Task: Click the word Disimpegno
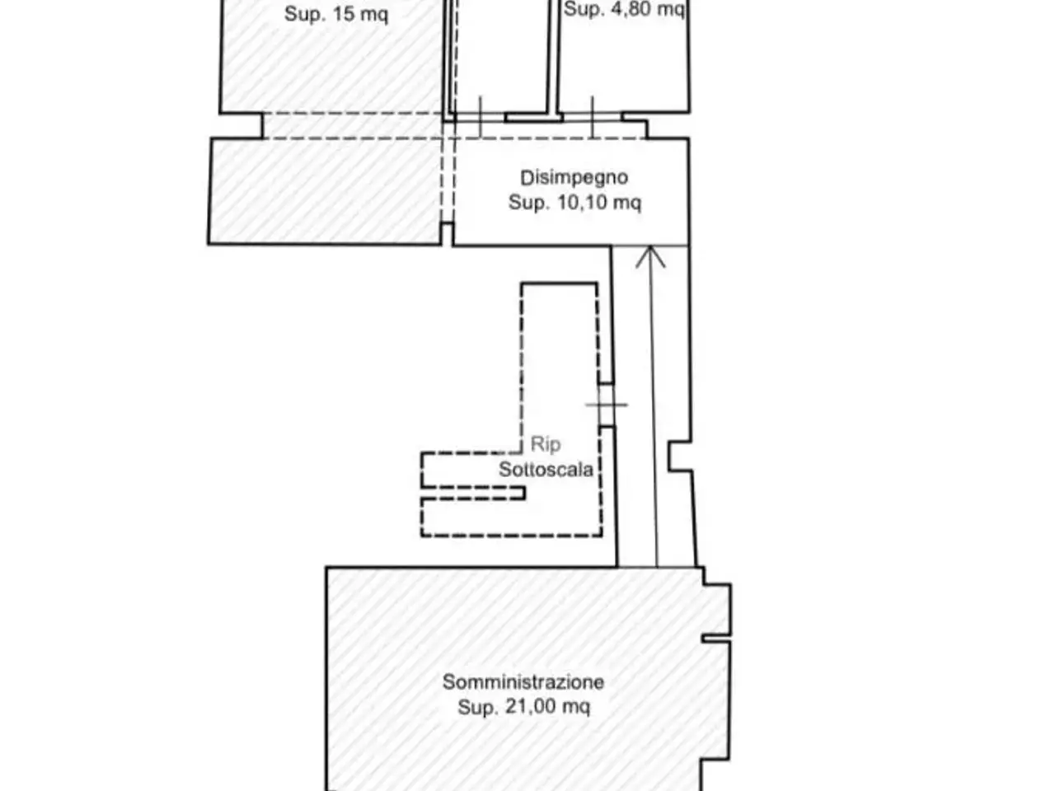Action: (x=574, y=178)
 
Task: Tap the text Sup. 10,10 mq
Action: (x=574, y=203)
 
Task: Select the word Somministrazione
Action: (x=523, y=682)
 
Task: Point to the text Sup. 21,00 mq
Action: (x=523, y=707)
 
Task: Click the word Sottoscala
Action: (x=546, y=469)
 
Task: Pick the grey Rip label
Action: (x=546, y=444)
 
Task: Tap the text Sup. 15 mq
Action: (x=336, y=14)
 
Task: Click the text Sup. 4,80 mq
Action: (x=624, y=9)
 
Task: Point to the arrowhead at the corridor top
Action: (x=650, y=257)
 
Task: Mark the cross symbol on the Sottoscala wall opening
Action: (x=606, y=405)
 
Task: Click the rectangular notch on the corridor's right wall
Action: (x=680, y=456)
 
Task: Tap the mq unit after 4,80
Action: (x=673, y=10)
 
